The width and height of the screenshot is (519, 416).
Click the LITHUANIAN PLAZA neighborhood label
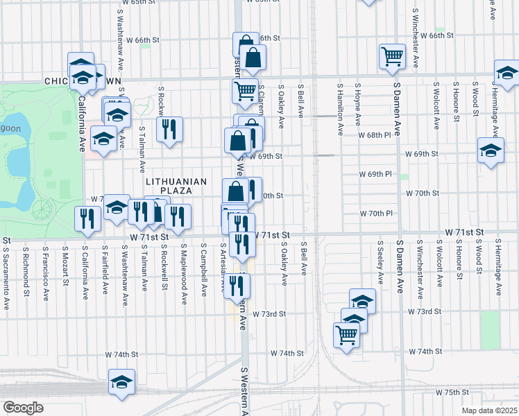click(x=177, y=186)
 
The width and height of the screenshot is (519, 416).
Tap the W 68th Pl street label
click(x=375, y=135)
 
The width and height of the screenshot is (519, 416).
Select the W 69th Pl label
click(x=375, y=173)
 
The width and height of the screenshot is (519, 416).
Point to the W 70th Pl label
click(x=375, y=213)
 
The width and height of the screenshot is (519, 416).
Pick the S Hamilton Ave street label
click(x=341, y=109)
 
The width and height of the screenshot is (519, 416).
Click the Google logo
click(x=23, y=408)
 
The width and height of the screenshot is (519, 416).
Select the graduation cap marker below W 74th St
click(x=121, y=382)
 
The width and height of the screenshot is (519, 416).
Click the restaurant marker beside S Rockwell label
click(x=169, y=129)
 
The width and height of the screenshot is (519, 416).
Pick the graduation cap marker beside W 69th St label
click(x=491, y=151)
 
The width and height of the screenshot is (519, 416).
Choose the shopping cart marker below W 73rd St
click(x=347, y=336)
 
